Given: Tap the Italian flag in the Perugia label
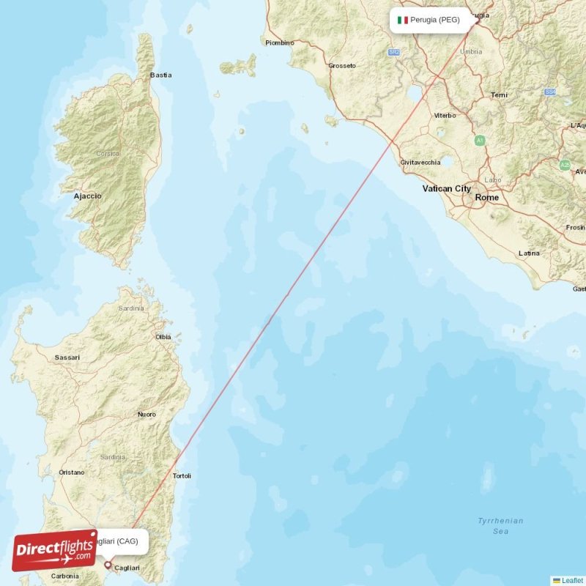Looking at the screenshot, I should (402, 20).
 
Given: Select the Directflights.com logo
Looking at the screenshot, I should (54, 550).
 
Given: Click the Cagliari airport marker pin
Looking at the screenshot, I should (108, 565).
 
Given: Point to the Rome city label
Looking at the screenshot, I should (487, 198).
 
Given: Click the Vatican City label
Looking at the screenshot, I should (446, 189).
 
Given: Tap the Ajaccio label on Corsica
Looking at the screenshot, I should (88, 196).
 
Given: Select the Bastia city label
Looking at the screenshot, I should (161, 75).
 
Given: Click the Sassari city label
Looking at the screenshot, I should (67, 357).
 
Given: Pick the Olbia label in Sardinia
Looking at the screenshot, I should (163, 337).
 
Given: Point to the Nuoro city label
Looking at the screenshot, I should (146, 415).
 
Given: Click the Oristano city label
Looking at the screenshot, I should (72, 472).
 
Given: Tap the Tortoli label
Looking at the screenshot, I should (182, 476).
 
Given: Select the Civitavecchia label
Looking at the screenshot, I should (420, 162).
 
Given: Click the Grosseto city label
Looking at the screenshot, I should (341, 66).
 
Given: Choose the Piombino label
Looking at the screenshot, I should (279, 43).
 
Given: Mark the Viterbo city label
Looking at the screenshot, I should (445, 116).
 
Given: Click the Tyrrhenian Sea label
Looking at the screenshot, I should (500, 526).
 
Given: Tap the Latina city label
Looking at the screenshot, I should (529, 253).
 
